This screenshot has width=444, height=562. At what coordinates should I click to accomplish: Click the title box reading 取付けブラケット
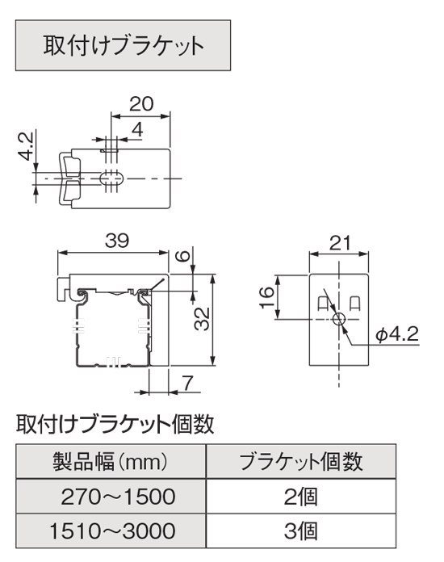pos(123,45)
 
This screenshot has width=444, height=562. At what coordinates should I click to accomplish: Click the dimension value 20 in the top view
pos(141,104)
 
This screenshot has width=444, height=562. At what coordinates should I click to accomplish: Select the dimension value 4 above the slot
pos(137,129)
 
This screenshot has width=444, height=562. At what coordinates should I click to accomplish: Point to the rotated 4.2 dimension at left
pos(26,145)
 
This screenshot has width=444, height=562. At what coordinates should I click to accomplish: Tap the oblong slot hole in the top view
pos(111,178)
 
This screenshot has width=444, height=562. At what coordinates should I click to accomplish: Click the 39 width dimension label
pos(117,241)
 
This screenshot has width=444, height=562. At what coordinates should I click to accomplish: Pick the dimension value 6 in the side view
pos(182,256)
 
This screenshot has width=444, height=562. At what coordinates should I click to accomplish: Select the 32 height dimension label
pos(201,318)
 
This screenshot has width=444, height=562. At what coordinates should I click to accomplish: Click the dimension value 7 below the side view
pos(188,383)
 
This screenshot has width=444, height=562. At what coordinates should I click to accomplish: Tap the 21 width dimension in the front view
pos(339,243)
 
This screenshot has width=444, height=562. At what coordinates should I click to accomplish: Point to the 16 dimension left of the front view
pos(266,297)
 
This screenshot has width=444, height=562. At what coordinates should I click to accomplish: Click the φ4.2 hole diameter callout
pos(396,335)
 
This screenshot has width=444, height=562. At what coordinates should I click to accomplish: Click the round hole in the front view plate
pos(338,318)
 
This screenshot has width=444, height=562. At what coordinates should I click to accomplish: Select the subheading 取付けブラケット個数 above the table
pos(115,425)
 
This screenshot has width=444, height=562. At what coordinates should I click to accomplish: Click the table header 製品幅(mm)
pos(111,461)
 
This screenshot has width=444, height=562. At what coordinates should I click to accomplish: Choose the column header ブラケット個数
pos(300,461)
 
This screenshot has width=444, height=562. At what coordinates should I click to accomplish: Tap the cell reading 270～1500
pos(118,497)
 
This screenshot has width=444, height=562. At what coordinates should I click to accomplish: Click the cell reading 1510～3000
pos(112,531)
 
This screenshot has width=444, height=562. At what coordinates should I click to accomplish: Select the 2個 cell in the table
pos(300,497)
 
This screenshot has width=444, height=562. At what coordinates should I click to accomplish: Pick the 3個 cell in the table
pos(300,531)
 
